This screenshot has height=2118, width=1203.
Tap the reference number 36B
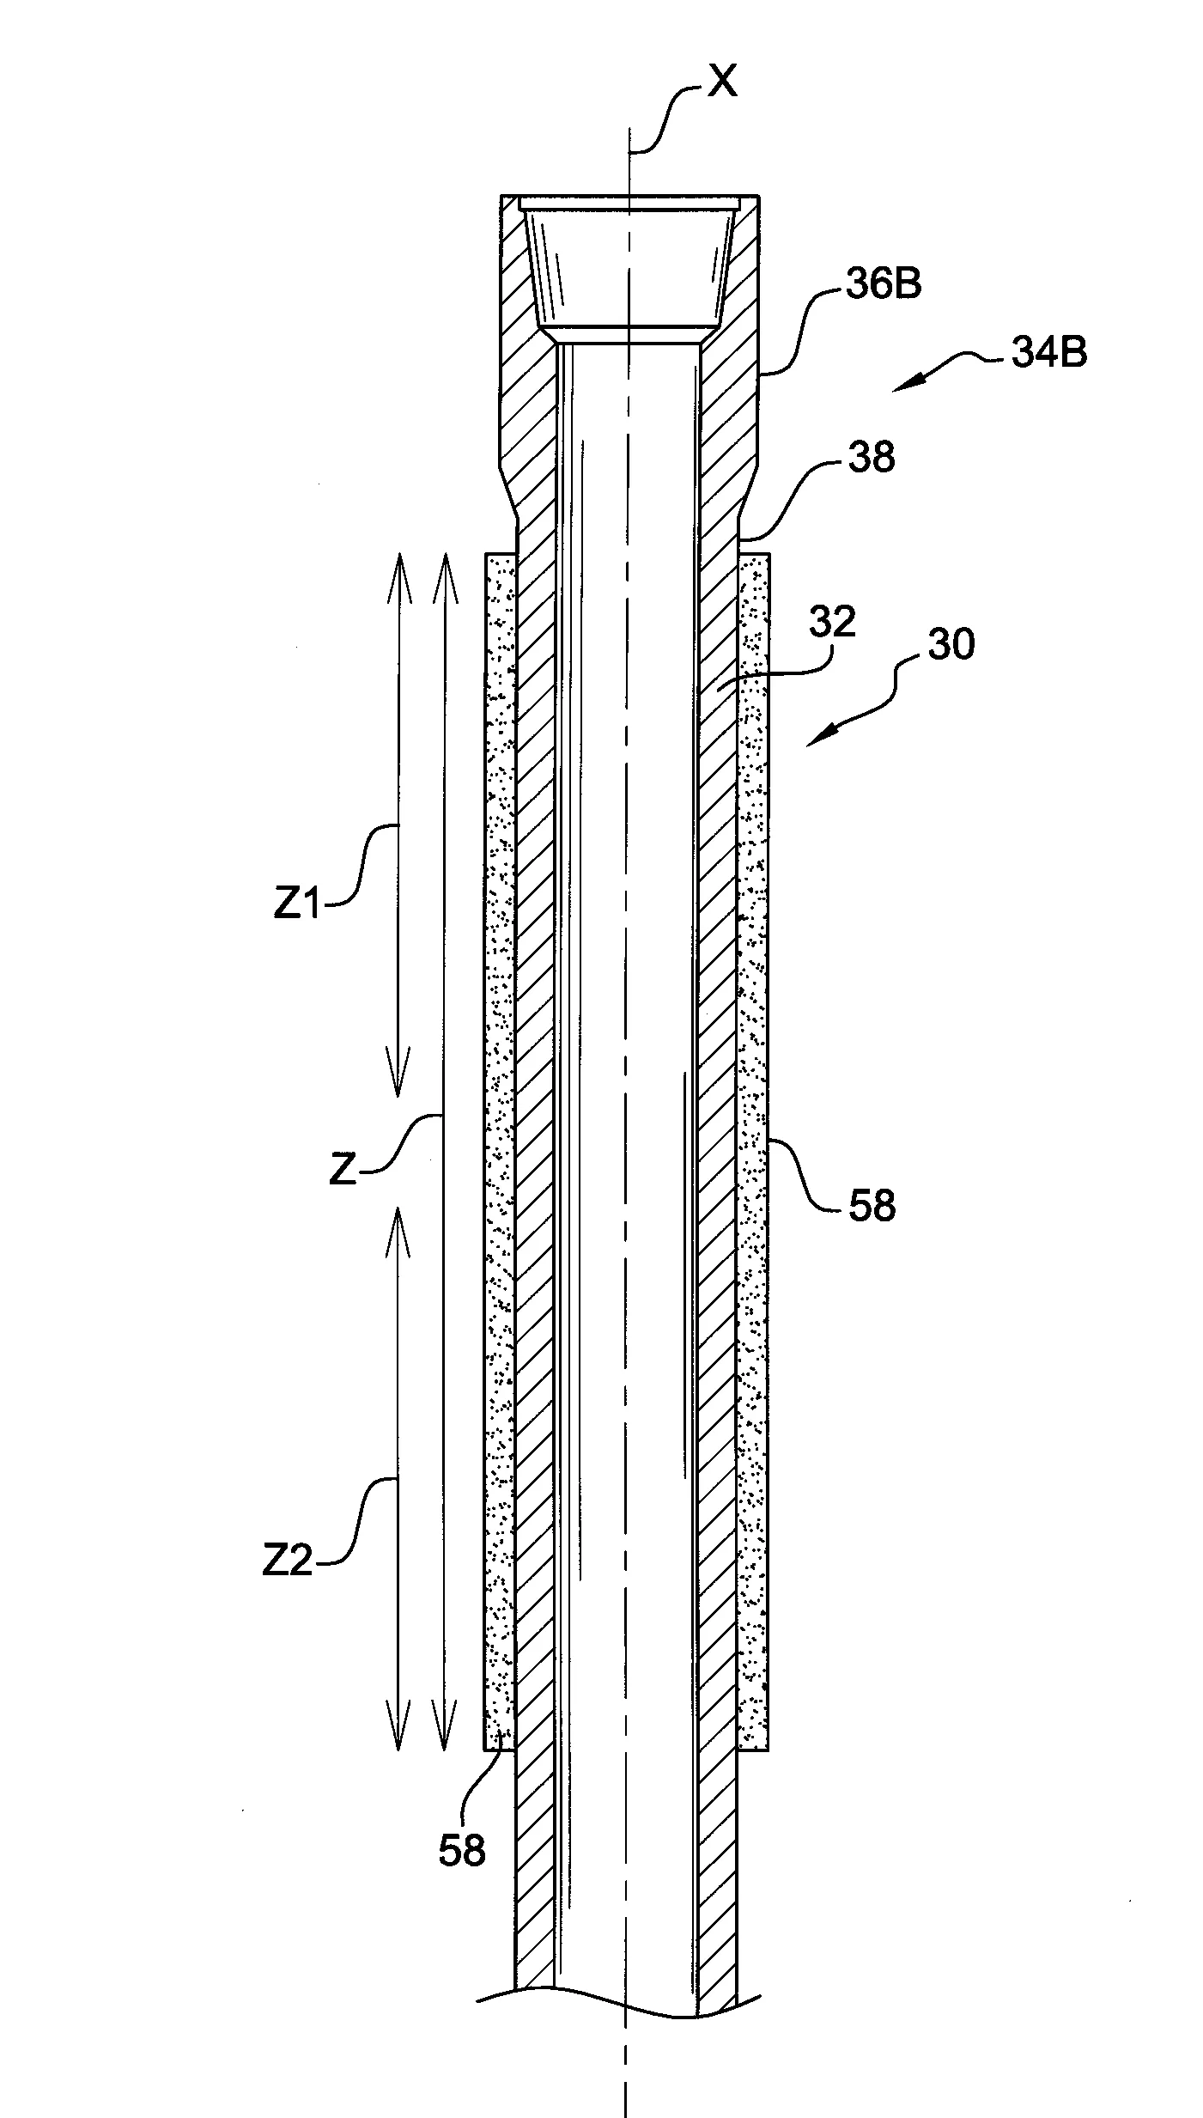pos(884,284)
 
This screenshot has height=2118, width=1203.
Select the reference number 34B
pos(1048,353)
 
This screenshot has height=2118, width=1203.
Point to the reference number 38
pos(871,457)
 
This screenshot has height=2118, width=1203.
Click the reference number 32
pos(832,621)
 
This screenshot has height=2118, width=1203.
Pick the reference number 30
pos(951,643)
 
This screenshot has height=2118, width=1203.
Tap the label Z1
pos(297,904)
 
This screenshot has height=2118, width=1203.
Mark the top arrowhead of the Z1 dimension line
pos(398,556)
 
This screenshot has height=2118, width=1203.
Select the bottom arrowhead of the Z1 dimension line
pos(398,1096)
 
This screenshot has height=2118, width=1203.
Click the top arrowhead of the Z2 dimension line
pos(398,1208)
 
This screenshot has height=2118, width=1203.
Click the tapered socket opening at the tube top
pos(629,264)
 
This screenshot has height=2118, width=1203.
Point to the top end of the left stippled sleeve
pos(500,555)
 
